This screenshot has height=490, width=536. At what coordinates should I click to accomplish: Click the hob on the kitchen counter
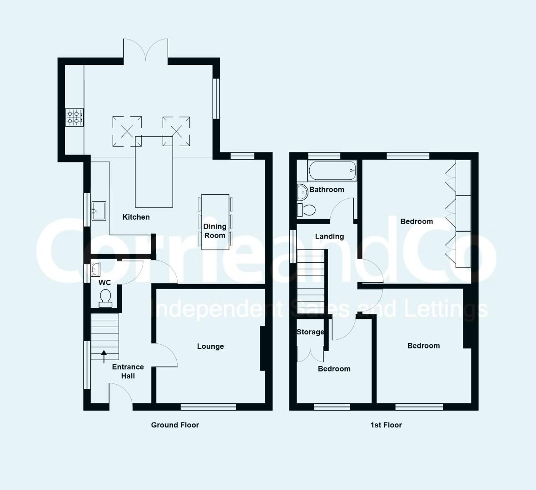[x=74, y=118]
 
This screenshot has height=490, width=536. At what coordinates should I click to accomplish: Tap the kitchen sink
[x=99, y=211]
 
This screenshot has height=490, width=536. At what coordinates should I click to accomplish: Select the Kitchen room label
[x=136, y=217]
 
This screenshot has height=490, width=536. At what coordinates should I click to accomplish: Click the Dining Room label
[x=215, y=231]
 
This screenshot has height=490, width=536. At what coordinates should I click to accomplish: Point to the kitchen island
[x=154, y=172]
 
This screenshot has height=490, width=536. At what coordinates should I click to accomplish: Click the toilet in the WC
[x=105, y=299]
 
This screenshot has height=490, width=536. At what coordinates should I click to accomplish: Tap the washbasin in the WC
[x=95, y=269]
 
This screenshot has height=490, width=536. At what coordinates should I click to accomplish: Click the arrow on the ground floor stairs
[x=104, y=357]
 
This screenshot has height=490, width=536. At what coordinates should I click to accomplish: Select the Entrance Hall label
[x=128, y=372]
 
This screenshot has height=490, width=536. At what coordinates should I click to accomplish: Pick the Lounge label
[x=211, y=346]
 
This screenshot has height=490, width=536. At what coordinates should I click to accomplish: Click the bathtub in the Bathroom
[x=332, y=171]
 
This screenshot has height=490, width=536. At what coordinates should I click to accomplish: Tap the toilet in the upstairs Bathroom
[x=306, y=210]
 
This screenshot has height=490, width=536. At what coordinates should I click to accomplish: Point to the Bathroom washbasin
[x=302, y=192]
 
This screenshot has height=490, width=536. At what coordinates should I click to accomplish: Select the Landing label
[x=329, y=236]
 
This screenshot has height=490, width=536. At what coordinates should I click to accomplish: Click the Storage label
[x=310, y=332]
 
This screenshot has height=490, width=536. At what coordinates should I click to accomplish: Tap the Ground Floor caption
[x=175, y=425]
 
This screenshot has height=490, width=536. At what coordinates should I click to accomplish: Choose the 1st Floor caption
[x=386, y=425]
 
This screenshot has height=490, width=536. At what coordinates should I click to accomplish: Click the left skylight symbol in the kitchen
[x=127, y=131]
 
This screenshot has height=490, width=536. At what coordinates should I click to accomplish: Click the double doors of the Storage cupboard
[x=310, y=354]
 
